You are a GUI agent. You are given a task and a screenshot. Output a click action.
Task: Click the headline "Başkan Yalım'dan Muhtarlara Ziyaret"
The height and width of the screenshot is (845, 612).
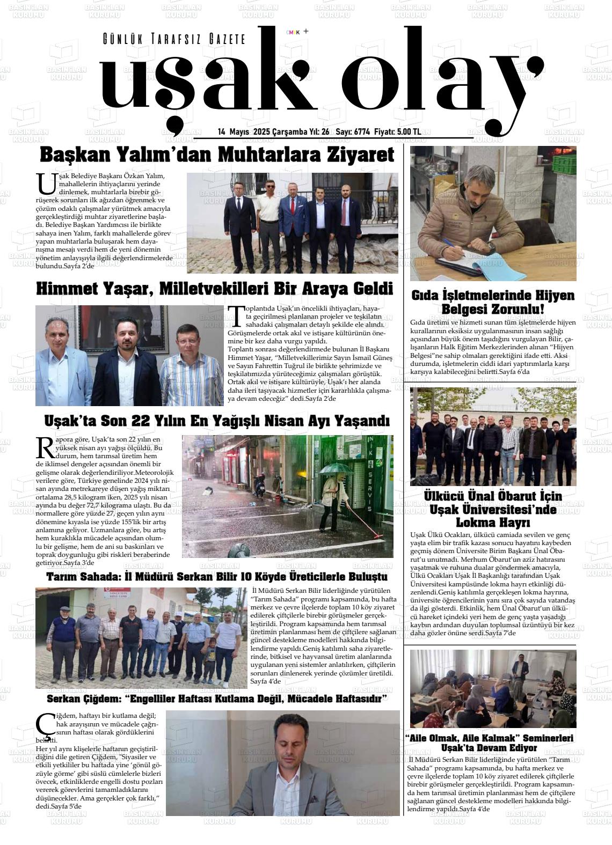coord(217,155)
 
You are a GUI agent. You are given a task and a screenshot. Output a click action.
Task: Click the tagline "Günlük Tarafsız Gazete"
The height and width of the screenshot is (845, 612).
coord(173,39)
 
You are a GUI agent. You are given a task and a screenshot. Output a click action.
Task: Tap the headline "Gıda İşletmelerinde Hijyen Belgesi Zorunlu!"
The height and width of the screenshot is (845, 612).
coord(493,302)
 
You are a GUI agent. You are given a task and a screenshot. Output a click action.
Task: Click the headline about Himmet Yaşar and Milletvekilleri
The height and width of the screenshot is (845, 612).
coord(214,289)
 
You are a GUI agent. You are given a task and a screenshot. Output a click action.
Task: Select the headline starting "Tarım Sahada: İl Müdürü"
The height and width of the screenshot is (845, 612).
coord(217,577)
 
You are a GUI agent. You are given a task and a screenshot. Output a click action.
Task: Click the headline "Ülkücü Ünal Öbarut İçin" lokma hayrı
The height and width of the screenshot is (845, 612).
coord(493,509)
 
